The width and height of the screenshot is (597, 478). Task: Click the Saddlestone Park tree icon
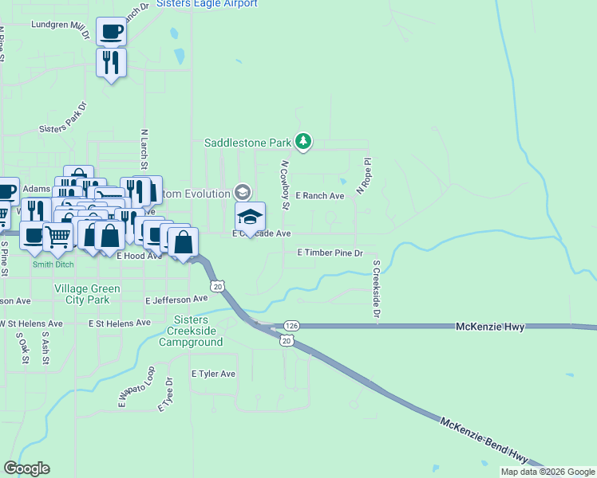[x=302, y=142]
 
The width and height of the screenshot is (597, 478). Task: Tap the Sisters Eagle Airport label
[x=208, y=4]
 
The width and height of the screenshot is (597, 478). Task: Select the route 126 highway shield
[x=291, y=326]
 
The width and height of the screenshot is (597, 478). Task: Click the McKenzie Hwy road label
[x=488, y=327]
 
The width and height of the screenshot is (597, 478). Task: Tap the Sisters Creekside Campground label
[x=191, y=331]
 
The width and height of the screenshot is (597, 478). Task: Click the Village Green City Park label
[x=87, y=294]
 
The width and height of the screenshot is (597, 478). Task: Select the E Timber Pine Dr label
[x=330, y=253]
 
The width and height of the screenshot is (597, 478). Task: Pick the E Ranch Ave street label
[x=319, y=195]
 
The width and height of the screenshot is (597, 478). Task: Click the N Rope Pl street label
[x=364, y=176]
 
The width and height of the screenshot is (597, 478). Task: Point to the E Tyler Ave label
[x=213, y=374]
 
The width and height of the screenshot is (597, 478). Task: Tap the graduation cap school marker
[x=250, y=217]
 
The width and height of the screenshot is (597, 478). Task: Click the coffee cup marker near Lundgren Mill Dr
[x=111, y=32]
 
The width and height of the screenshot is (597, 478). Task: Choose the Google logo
[x=26, y=468]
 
